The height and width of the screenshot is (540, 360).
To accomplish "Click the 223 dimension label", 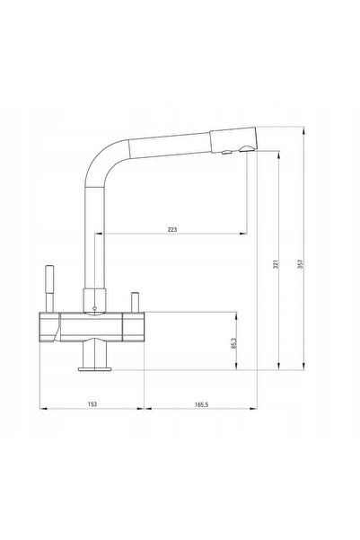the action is pos(172,229).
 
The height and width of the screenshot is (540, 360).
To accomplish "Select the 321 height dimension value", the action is pos(276,264).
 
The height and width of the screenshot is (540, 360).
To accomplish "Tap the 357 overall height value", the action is pos(300,264).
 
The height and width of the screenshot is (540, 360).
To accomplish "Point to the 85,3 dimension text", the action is pos(233,343).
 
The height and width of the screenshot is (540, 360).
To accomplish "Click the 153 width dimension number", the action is pos(92,404).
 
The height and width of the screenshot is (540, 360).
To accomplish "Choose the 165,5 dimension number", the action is pos(202,404).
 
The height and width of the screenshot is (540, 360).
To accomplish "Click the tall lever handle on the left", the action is pos(50,288).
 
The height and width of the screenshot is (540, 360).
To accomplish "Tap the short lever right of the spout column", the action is pos(135,302).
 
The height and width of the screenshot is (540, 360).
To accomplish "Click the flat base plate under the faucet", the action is pos(94,369).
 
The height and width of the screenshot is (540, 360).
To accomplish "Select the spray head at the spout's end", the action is pos(233,139).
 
